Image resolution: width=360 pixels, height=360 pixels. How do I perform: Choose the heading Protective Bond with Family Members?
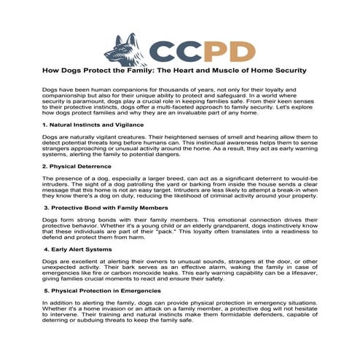coord(107,208)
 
